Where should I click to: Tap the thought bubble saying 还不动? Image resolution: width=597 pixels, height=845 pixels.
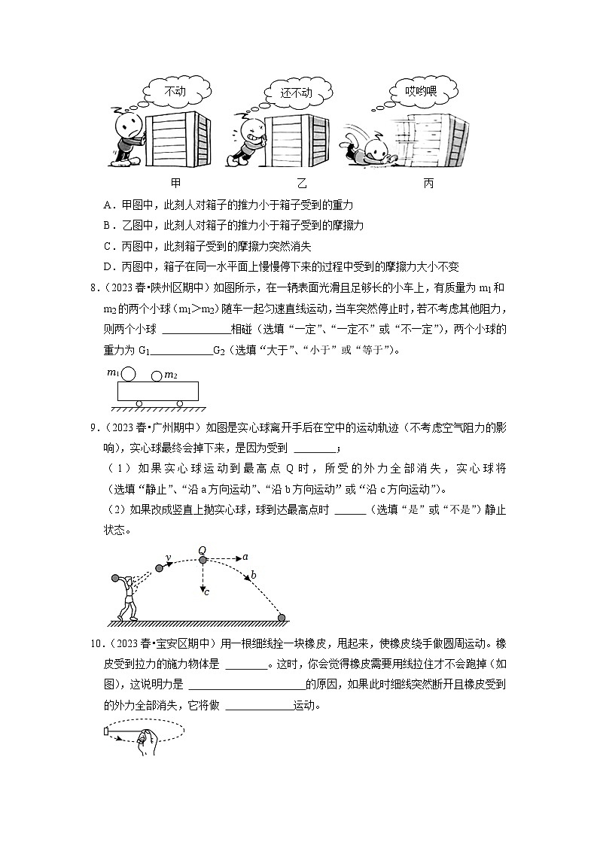296,93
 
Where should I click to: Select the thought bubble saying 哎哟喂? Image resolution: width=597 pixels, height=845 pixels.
421,91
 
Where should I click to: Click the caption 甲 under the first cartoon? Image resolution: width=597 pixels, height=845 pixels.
175,183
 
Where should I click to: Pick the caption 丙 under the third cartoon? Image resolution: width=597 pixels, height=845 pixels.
428,183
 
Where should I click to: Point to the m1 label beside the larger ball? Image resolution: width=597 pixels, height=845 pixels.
113,372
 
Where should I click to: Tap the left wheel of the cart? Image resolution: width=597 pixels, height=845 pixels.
139,404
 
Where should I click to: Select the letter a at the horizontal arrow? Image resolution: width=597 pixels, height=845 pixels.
245,558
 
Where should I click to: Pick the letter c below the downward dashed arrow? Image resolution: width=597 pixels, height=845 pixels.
206,592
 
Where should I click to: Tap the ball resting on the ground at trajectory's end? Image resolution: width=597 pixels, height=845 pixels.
282,619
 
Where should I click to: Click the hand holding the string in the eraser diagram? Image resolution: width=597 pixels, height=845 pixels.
146,736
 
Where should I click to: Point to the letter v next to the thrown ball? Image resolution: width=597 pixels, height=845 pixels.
168,558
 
